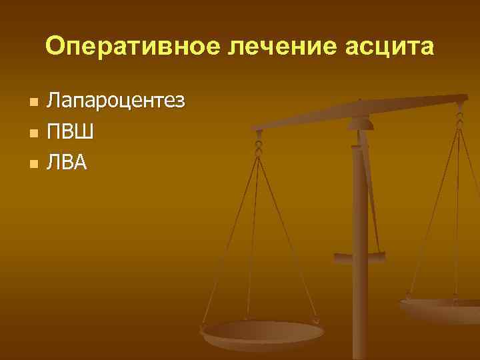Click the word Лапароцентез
click(x=115, y=102)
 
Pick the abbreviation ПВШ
click(x=69, y=131)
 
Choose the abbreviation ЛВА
click(x=67, y=162)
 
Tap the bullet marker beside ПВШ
click(x=33, y=133)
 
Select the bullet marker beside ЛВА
click(x=33, y=163)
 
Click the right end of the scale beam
click(x=463, y=99)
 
